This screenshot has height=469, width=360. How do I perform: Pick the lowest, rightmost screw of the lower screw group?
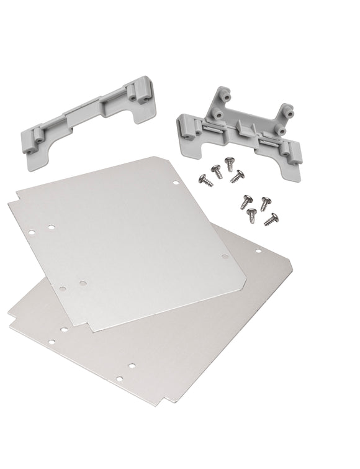pyautogui.click(x=271, y=219)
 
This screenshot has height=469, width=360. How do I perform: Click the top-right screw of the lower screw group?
pyautogui.click(x=266, y=201)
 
